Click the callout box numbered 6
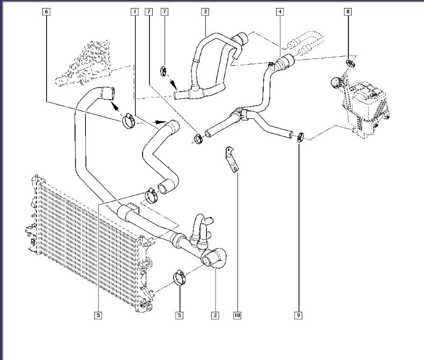(x=47, y=11)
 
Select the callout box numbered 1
(x=134, y=11)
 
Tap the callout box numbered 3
(x=205, y=11)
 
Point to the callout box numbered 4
(x=280, y=11)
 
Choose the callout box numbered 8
(x=348, y=11)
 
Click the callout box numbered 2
(x=215, y=316)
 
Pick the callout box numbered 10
(x=237, y=316)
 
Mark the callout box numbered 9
(x=299, y=316)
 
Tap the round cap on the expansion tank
(x=336, y=83)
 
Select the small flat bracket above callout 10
(x=232, y=159)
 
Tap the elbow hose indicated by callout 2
(x=215, y=258)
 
